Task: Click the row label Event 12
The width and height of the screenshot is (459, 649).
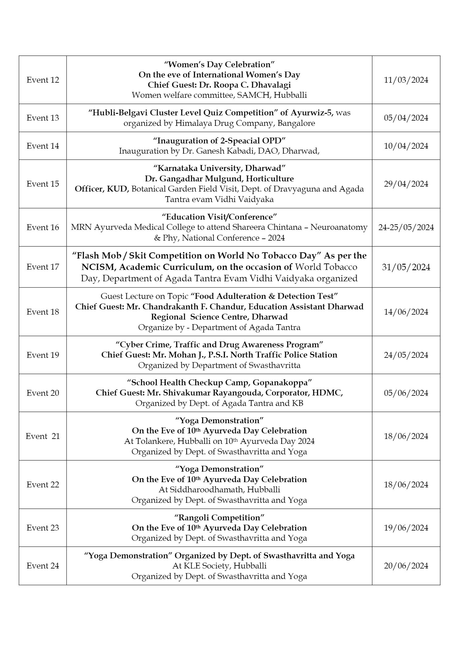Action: click(43, 80)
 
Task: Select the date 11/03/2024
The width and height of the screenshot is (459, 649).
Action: click(406, 80)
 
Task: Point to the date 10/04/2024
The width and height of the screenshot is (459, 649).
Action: click(406, 146)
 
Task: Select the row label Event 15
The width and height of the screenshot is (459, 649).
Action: click(43, 184)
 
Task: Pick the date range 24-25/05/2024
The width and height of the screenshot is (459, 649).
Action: click(406, 227)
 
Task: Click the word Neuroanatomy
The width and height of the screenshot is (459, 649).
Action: click(339, 227)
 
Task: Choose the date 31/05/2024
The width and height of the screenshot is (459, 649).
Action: click(406, 267)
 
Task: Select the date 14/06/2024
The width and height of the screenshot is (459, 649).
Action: click(406, 312)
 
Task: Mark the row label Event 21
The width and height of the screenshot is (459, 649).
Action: click(43, 436)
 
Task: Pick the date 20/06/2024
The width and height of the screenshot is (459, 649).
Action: click(406, 566)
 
